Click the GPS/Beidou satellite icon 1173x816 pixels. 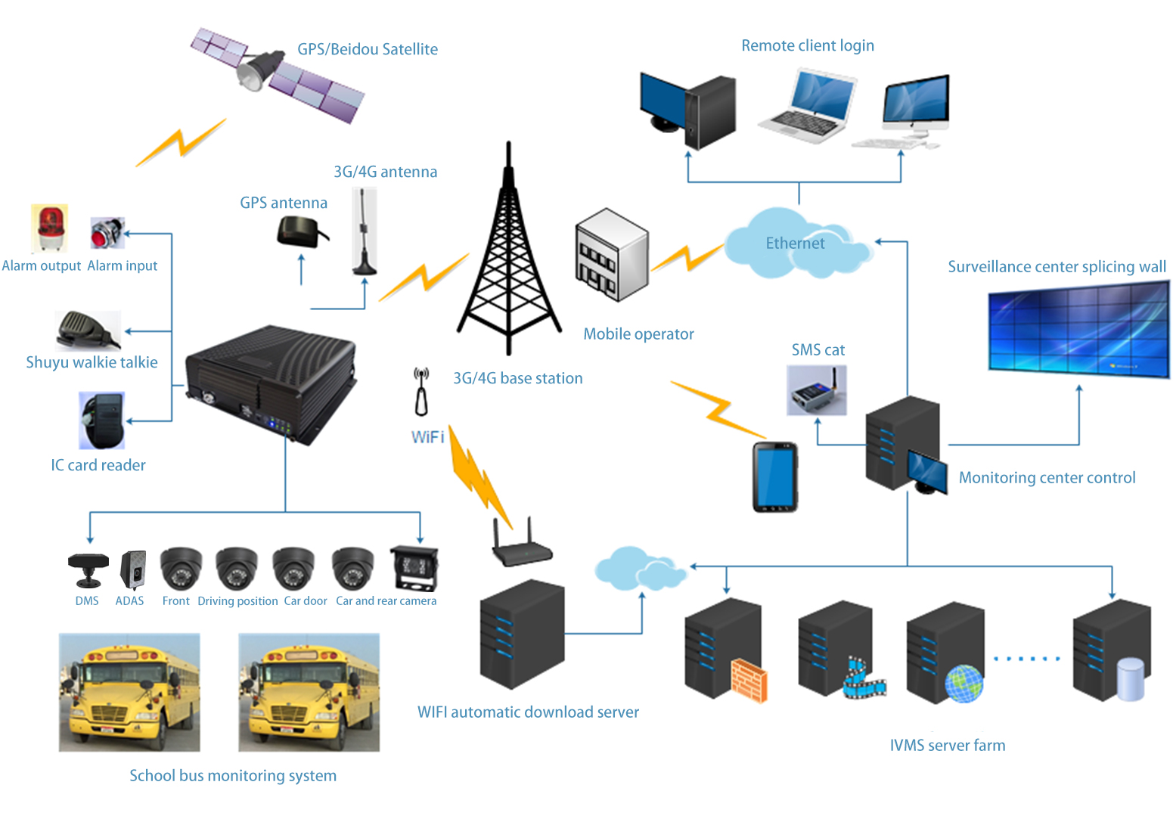click(276, 76)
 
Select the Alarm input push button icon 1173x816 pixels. click(106, 233)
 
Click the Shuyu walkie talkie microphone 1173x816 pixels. click(85, 330)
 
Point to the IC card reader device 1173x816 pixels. click(101, 420)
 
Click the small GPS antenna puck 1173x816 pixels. click(301, 232)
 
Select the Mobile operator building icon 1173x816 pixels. click(611, 256)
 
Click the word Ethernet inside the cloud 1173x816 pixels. click(795, 244)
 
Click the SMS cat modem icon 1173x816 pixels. click(816, 391)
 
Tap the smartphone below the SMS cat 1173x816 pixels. click(774, 477)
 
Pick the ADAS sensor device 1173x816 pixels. click(132, 569)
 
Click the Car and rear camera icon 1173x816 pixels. click(413, 567)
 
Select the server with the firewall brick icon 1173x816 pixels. click(724, 650)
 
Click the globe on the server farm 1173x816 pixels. click(964, 684)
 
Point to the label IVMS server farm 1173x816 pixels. click(947, 746)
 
